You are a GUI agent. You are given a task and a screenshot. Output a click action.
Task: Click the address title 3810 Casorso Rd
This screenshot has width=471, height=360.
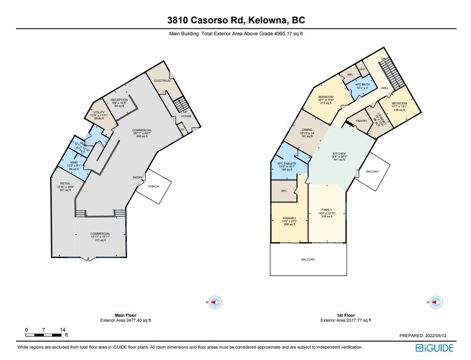(236, 20)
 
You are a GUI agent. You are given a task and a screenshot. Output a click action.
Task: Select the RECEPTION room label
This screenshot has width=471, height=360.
(120, 100)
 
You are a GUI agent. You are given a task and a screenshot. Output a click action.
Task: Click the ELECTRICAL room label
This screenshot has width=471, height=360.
(162, 81)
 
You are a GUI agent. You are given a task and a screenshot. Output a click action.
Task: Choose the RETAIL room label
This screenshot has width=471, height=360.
(65, 183)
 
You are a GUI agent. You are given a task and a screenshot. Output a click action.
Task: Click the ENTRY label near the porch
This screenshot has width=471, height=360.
(137, 178)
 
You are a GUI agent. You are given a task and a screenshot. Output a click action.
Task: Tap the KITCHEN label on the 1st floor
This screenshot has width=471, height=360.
(339, 154)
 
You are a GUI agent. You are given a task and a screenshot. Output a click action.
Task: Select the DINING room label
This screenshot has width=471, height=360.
(307, 130)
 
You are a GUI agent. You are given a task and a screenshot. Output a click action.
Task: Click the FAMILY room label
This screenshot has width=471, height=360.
(326, 210)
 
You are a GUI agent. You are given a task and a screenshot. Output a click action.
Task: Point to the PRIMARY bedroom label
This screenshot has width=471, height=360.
(289, 218)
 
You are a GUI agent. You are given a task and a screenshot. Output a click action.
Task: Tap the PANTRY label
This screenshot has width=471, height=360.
(362, 121)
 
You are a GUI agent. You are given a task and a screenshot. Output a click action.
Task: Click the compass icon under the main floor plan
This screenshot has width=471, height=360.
(215, 302)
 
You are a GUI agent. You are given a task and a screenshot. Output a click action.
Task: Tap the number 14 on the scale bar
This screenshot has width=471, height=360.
(63, 330)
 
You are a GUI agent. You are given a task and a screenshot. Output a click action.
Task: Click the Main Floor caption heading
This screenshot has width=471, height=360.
(126, 315)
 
